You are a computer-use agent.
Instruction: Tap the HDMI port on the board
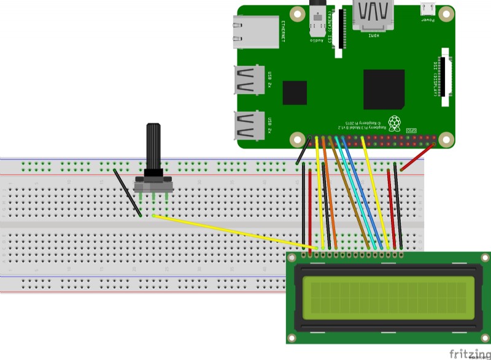373,15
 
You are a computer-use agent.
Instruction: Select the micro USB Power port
427,9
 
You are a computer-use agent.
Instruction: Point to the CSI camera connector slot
338,32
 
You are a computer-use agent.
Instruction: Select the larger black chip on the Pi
384,89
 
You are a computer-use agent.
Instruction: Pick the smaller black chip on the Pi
295,93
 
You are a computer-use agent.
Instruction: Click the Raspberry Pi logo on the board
395,123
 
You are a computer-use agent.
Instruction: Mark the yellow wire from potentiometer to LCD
233,232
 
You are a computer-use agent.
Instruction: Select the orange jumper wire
329,190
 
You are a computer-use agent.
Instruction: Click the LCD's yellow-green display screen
389,296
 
